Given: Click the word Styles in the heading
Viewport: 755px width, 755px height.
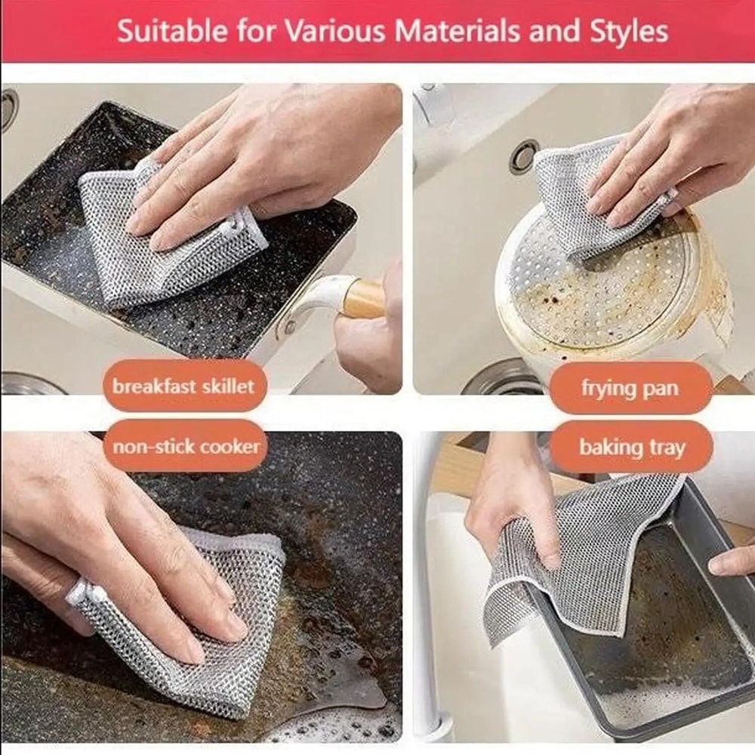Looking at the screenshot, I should pyautogui.click(x=627, y=32).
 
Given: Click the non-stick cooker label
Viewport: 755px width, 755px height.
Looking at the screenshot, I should pyautogui.click(x=186, y=446).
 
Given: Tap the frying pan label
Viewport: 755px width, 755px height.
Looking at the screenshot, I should pyautogui.click(x=630, y=388).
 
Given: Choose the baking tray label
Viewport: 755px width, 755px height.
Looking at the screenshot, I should pyautogui.click(x=632, y=448).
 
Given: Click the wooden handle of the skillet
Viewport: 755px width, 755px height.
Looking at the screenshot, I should pyautogui.click(x=363, y=298).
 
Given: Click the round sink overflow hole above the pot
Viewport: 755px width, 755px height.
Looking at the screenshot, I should pyautogui.click(x=523, y=156).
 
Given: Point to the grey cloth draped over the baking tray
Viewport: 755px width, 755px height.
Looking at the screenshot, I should pyautogui.click(x=574, y=551).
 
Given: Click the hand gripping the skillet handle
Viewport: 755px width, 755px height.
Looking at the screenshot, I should pyautogui.click(x=370, y=340).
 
